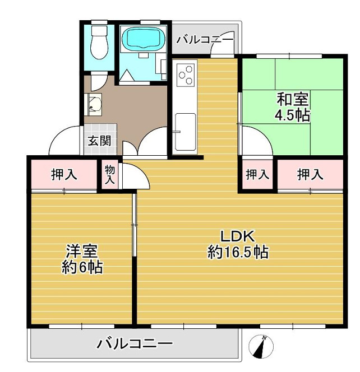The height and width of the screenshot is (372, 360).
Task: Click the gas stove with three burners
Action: tap(185, 75)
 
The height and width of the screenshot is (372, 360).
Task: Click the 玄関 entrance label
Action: tap(98, 140)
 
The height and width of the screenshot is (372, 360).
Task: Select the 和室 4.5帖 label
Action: tap(292, 108)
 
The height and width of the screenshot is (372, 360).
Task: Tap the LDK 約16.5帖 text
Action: tap(238, 244)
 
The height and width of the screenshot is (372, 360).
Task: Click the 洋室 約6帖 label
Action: tap(82, 259)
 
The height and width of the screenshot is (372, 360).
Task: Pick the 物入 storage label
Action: tap(110, 175)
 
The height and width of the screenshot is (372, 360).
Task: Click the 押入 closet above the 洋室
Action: tap(64, 175)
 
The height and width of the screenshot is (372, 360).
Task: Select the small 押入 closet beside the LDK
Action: tap(257, 175)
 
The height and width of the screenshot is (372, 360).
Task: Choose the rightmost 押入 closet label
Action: tap(310, 175)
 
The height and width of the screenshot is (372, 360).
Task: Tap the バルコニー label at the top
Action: tap(205, 40)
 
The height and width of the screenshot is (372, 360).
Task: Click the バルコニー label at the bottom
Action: tap(135, 343)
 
